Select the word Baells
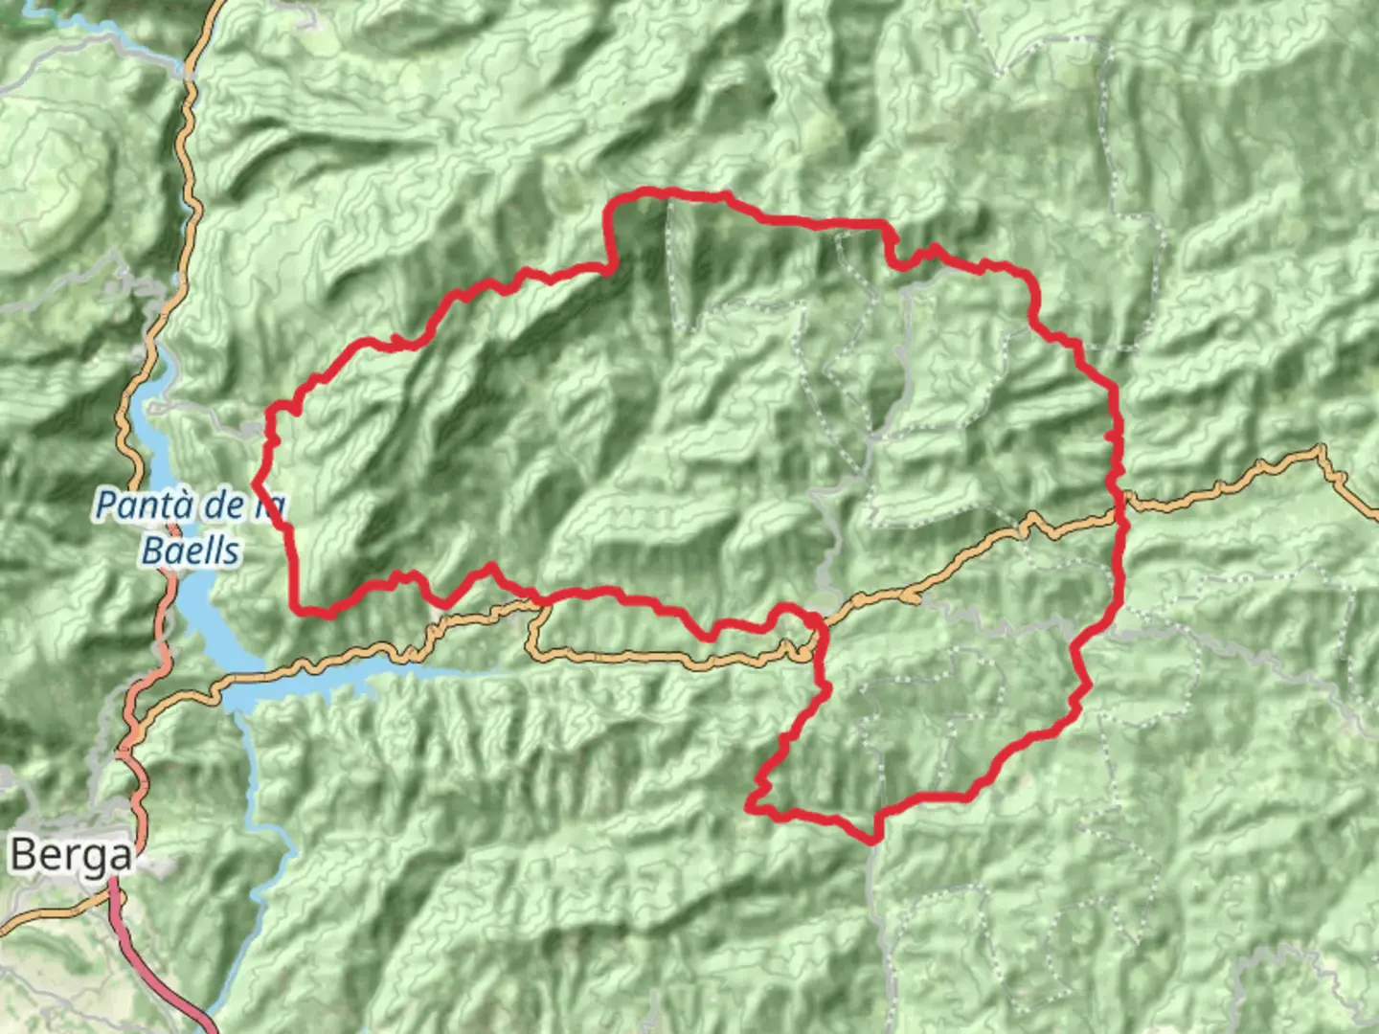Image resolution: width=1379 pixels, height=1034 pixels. point(191,551)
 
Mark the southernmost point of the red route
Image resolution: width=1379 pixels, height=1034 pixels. point(872,842)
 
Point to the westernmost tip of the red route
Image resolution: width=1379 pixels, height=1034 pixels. point(256,478)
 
